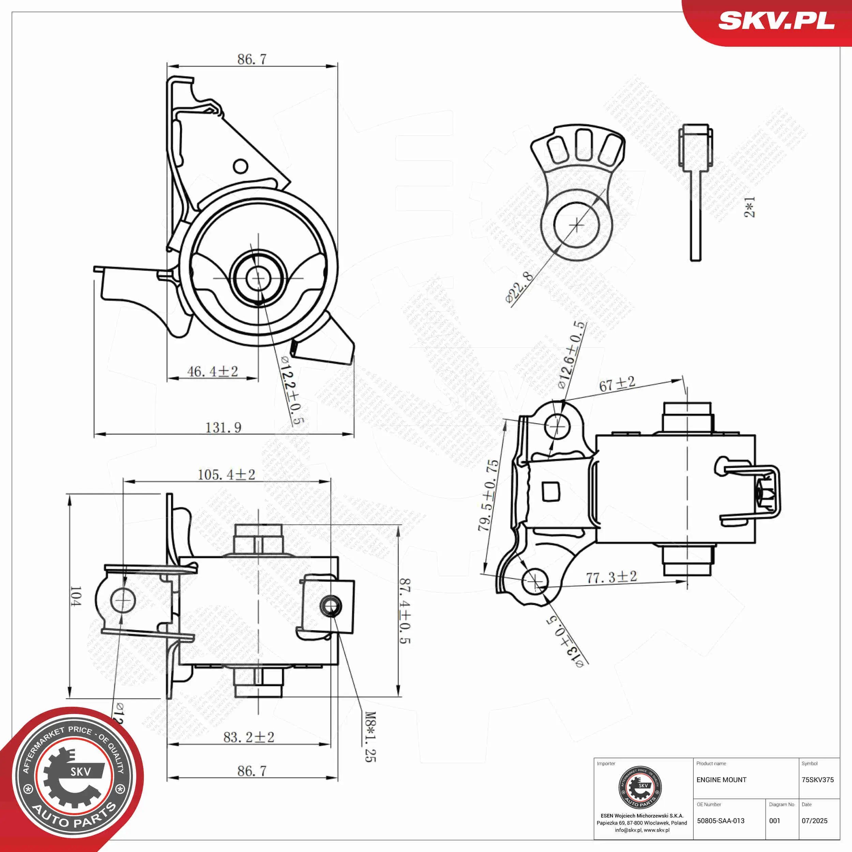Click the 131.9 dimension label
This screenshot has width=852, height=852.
coord(224,427)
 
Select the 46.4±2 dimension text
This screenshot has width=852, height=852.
coord(213,371)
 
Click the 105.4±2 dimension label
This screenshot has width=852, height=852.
coord(226,474)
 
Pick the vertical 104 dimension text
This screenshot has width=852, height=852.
coord(75,596)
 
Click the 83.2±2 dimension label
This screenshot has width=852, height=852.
coord(249,737)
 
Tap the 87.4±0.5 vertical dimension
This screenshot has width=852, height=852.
coord(405,611)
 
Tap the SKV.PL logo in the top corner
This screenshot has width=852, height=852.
coord(776,21)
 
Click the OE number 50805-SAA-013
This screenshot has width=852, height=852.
coord(720,821)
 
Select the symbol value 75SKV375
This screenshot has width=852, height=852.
coord(818,780)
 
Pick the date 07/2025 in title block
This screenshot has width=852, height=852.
coord(815,821)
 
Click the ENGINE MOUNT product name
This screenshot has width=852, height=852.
coord(721,780)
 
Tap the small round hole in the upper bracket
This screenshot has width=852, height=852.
coord(240,166)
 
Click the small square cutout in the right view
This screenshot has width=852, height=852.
coord(551,491)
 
